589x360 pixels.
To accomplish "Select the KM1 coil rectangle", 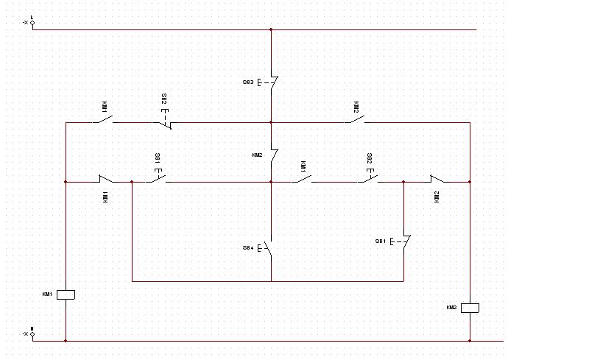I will pos(66,294).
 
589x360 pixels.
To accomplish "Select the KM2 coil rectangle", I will pos(470,308).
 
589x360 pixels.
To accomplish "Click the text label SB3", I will pos(248,82).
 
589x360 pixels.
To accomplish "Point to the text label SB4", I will pos(248,248).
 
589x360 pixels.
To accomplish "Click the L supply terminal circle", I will pos(32,23).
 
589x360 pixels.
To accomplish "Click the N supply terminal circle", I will pos(32,333).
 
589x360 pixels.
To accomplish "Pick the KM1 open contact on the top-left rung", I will pos(102,120).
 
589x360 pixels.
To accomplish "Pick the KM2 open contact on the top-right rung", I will pos(357,119).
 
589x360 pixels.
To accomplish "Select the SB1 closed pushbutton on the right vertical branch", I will pos(405,241).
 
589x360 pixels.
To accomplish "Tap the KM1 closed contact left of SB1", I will pos(107,180).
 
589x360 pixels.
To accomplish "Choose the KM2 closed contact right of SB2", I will pos(437,180).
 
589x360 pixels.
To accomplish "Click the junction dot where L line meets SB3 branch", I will pos(271,30).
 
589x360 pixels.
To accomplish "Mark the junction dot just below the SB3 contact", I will pos(271,122).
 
